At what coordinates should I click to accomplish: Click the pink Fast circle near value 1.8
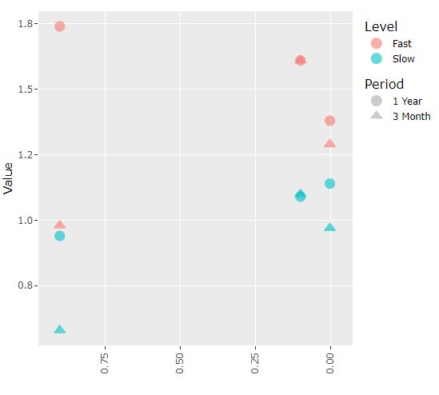pos(59,26)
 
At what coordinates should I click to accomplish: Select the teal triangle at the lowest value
pos(59,329)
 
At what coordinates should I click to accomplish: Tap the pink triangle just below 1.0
pos(59,225)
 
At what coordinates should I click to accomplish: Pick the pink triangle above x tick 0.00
pos(329,144)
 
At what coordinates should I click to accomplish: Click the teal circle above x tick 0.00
pos(329,184)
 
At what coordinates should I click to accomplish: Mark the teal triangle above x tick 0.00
pos(329,228)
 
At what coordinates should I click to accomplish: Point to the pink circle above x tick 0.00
pos(329,121)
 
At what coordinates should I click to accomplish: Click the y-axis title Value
pos(9,178)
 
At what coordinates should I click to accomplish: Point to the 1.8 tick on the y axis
pos(26,24)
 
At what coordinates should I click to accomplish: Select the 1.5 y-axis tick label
pos(26,90)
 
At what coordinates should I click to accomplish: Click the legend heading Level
pos(381,26)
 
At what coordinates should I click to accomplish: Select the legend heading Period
pos(384,84)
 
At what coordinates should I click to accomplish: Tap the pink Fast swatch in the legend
pos(377,43)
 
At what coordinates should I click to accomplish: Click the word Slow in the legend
pos(402,58)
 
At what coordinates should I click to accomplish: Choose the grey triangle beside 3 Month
pos(377,116)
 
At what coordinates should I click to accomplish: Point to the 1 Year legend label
pos(407,102)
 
